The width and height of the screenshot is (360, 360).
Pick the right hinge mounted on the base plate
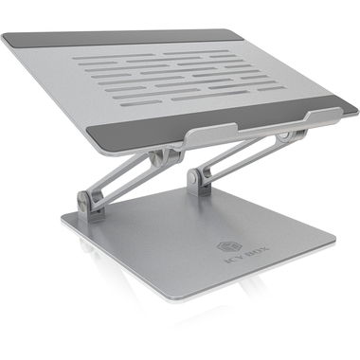point(199,177)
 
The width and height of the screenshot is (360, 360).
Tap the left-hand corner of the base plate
point(64,220)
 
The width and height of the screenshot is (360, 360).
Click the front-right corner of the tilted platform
point(339,112)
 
